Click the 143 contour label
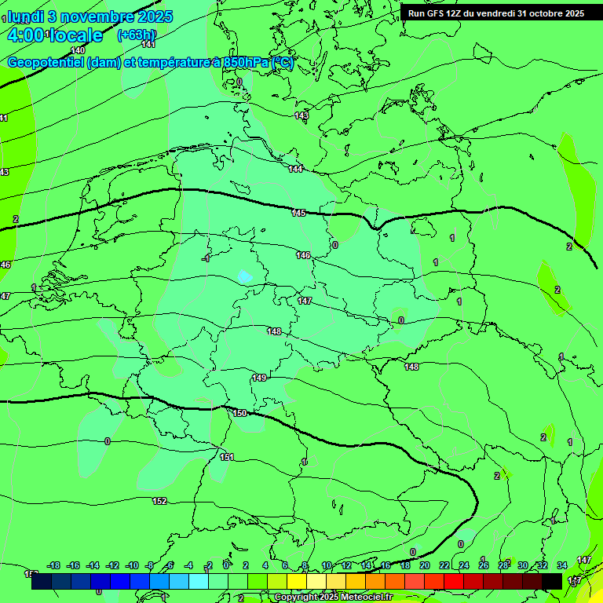coord(301,115)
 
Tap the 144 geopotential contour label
coord(295,169)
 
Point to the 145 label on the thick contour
coord(299,213)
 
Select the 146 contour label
coord(303,255)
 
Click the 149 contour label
coord(259,378)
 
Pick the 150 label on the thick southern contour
coord(240,412)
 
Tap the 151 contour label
coord(227,456)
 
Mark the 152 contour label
coord(159,500)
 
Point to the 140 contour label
coord(78,50)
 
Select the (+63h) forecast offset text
coord(136,35)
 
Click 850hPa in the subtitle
coord(246,63)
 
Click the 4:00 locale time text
coord(55,35)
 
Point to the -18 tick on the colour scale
coord(54,565)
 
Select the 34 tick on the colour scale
coord(562,565)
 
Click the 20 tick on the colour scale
coord(425,565)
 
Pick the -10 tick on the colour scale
coord(133,565)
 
